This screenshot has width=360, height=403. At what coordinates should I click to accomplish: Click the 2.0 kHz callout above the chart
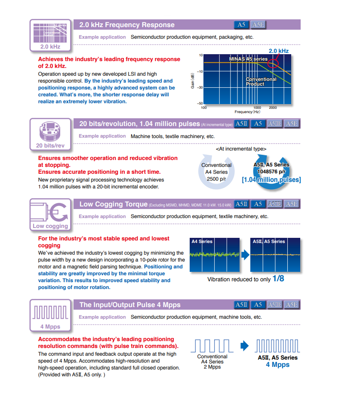click(278, 51)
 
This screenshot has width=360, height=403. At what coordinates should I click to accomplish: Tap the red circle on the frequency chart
click(273, 64)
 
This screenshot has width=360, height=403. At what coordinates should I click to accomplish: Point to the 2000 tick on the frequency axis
click(273, 108)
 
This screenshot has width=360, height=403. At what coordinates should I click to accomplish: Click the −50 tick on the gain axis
click(200, 103)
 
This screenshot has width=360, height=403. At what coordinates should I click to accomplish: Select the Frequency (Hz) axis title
click(247, 112)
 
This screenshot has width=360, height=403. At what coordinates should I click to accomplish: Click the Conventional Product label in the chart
click(261, 81)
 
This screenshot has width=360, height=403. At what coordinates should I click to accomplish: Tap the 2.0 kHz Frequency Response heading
click(127, 25)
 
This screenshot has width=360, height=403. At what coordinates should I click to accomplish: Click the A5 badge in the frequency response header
click(241, 25)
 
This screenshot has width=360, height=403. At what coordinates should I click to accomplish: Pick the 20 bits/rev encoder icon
click(50, 129)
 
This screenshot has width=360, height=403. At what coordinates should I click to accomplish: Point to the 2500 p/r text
click(216, 178)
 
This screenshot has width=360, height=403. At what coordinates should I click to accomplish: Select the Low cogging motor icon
click(50, 210)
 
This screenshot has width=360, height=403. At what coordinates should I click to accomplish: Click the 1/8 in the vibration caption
click(278, 279)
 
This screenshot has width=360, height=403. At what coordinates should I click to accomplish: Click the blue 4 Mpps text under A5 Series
click(277, 365)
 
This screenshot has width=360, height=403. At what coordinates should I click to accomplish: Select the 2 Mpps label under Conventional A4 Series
click(212, 367)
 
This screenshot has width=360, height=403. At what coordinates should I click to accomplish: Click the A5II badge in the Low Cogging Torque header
click(241, 204)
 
